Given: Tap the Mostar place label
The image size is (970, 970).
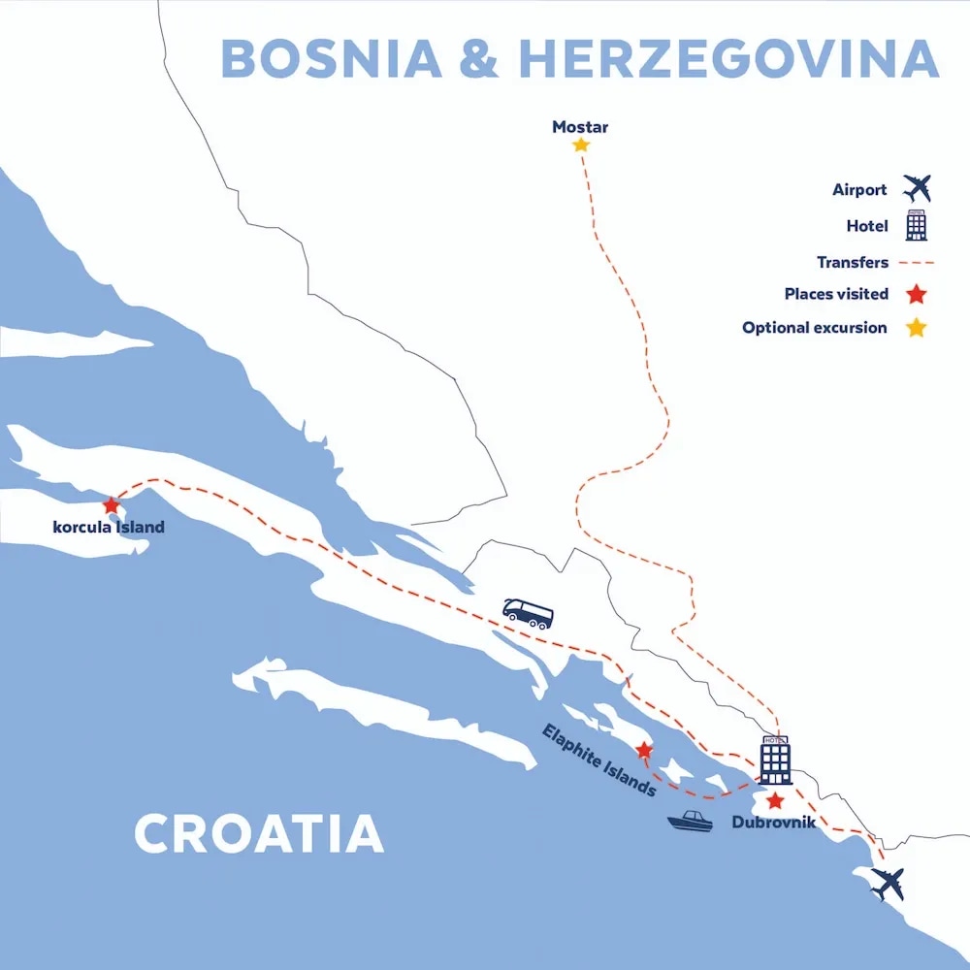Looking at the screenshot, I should (580, 127).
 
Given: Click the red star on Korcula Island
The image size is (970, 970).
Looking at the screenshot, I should (112, 505).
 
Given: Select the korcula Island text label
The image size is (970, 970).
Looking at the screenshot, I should (109, 528).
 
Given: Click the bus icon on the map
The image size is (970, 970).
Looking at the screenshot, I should (528, 613).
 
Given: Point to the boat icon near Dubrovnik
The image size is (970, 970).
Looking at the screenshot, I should (690, 821).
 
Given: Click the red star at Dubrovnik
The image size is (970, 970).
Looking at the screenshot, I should (774, 801).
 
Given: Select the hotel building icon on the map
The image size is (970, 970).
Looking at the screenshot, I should (775, 760).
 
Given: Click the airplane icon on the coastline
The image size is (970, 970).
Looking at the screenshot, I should (888, 884).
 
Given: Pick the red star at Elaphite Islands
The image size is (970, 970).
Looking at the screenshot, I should (643, 750).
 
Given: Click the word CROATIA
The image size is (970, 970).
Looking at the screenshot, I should (258, 834).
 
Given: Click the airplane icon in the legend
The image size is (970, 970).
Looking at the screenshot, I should (916, 187).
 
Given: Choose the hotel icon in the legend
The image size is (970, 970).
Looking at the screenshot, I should (916, 225).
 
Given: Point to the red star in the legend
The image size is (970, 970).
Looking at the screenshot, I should (916, 295).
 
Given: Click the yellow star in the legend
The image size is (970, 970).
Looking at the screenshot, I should (916, 328).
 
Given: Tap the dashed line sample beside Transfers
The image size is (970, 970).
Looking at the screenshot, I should (916, 263).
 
